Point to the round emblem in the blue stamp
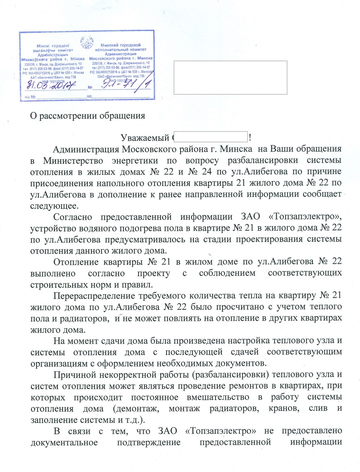(87, 43)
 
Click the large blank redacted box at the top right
(230, 77)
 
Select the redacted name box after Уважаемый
(210, 137)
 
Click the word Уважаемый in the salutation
(145, 138)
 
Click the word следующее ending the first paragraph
(54, 206)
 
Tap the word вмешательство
(218, 397)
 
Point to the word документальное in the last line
(64, 442)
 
